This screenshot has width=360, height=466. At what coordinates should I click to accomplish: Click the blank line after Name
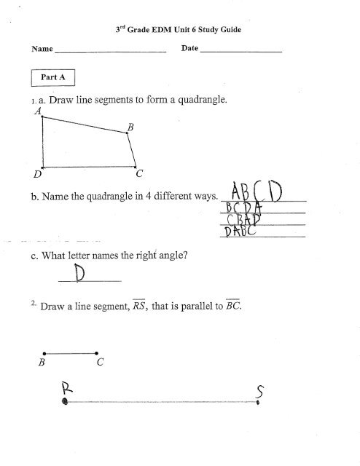[x=111, y=51]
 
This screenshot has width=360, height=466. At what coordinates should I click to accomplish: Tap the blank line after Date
[x=240, y=51]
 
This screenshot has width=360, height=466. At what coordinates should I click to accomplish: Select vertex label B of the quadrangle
[x=130, y=127]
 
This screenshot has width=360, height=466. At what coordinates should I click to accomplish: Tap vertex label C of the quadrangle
[x=138, y=174]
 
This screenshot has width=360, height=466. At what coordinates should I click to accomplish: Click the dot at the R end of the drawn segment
[x=66, y=401]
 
